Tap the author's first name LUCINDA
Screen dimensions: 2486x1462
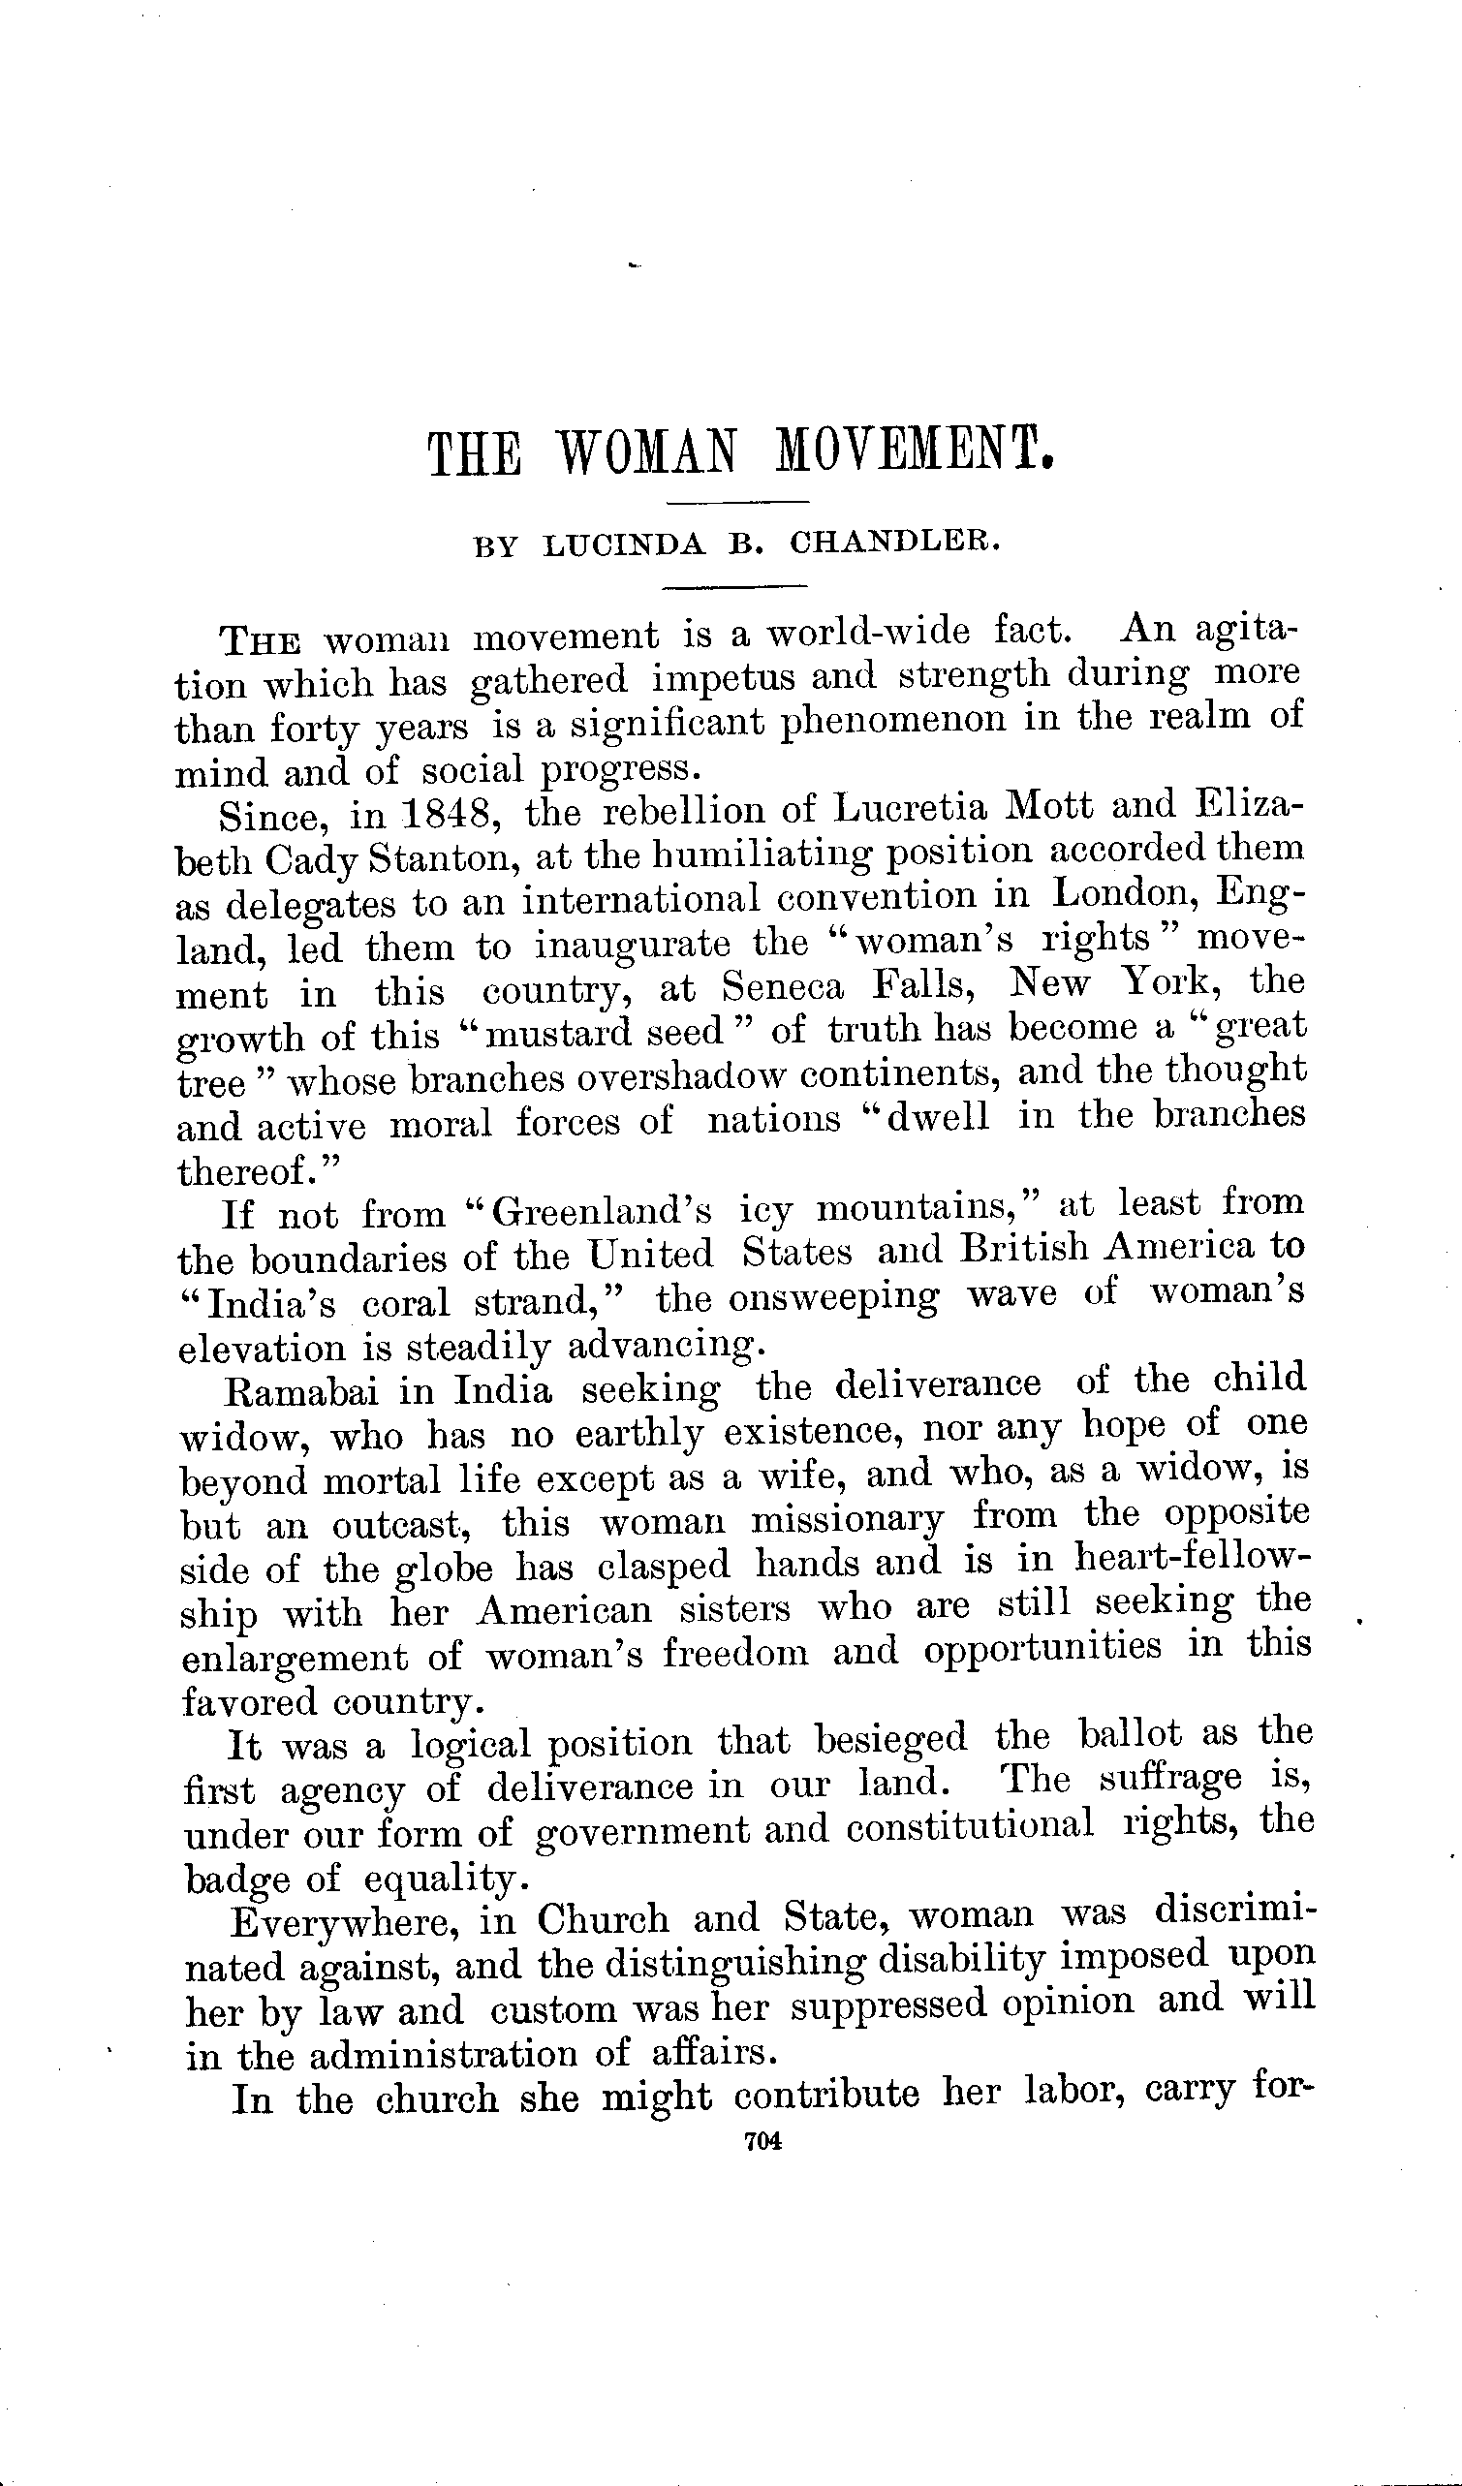click(x=625, y=545)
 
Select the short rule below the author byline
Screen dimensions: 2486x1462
click(x=734, y=588)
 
